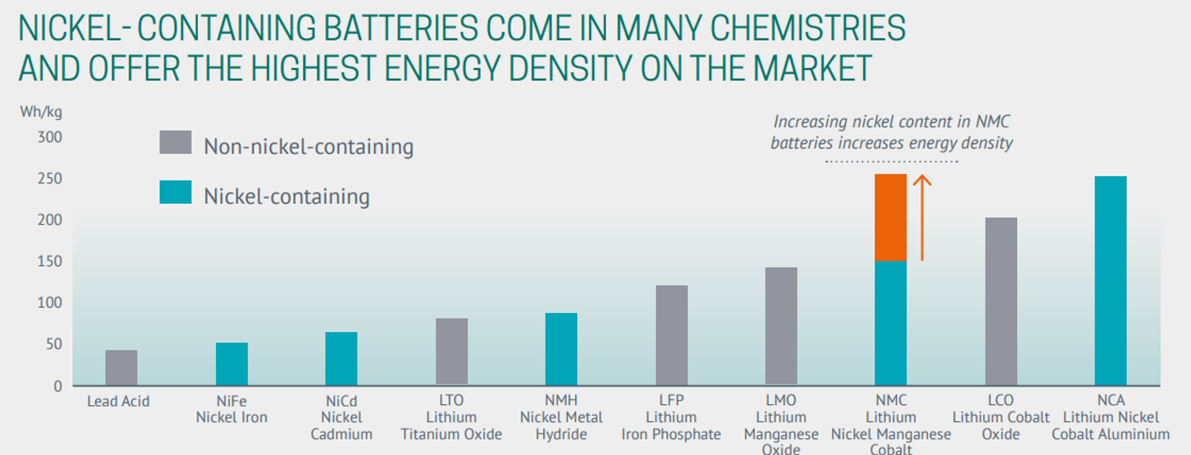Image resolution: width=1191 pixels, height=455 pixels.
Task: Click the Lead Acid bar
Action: click(121, 367)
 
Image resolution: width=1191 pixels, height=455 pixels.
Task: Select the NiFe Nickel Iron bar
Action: click(231, 364)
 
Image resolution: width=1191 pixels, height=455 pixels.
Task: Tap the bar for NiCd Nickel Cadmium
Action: click(341, 359)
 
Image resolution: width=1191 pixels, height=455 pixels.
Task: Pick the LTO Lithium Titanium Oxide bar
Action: click(451, 352)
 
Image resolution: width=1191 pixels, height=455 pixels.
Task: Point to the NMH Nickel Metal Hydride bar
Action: click(561, 349)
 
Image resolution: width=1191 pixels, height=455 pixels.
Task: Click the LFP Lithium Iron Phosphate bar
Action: click(671, 335)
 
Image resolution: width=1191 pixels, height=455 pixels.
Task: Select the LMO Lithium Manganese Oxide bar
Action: click(781, 326)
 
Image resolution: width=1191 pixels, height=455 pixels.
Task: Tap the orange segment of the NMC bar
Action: click(890, 217)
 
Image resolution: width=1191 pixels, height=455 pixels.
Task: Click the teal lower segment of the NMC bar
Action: click(890, 322)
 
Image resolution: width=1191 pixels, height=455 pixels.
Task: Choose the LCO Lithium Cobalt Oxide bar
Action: click(1001, 301)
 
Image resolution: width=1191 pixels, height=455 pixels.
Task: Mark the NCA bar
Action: click(1111, 281)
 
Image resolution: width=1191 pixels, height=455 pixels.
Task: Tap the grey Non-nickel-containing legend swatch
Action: click(175, 142)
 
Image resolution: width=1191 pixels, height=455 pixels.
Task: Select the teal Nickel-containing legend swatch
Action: click(175, 192)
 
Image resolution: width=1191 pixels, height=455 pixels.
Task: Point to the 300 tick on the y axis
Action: click(50, 137)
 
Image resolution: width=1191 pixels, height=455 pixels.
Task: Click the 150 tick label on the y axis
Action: click(50, 261)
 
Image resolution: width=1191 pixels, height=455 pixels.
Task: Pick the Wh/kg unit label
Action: click(41, 112)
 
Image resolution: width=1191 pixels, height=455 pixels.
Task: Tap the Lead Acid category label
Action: click(119, 401)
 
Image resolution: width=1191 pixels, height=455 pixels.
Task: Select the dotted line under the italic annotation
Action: click(891, 161)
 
